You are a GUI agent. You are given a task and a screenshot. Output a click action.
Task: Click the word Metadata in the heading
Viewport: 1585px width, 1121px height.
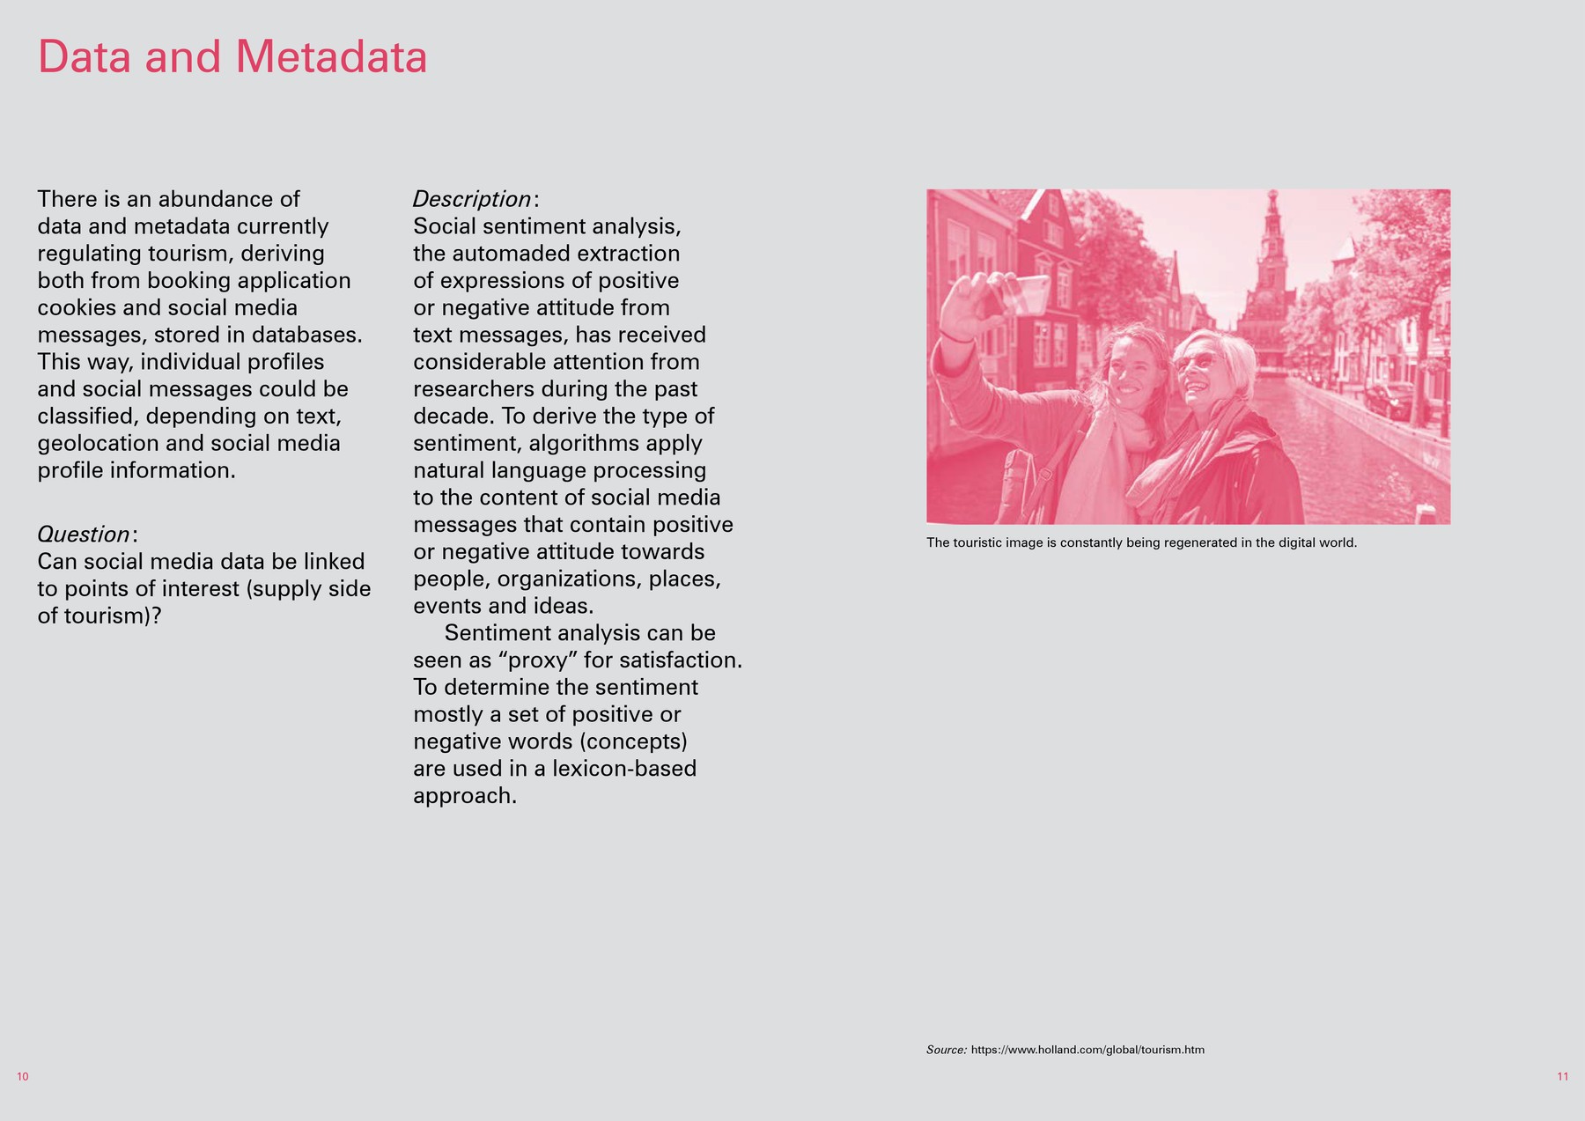332,57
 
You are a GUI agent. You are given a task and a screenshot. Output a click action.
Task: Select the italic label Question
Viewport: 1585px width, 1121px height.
84,535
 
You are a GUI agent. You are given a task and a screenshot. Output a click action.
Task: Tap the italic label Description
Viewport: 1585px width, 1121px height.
472,199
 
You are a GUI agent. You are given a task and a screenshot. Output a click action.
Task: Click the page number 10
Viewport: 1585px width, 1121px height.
23,1077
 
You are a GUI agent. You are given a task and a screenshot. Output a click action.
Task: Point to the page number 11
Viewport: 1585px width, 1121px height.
1562,1077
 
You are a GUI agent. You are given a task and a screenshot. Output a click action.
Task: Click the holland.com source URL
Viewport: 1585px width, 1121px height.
1087,1050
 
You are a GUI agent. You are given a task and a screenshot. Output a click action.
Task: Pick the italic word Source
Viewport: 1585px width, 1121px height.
946,1050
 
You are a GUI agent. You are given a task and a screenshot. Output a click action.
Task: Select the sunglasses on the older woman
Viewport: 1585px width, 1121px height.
1192,362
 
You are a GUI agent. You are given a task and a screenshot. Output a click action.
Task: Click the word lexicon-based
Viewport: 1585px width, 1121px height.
624,769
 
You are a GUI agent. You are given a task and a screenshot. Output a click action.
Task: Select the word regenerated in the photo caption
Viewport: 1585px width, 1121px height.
1201,542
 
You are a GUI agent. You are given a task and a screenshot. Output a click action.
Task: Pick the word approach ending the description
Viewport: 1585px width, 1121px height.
463,796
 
